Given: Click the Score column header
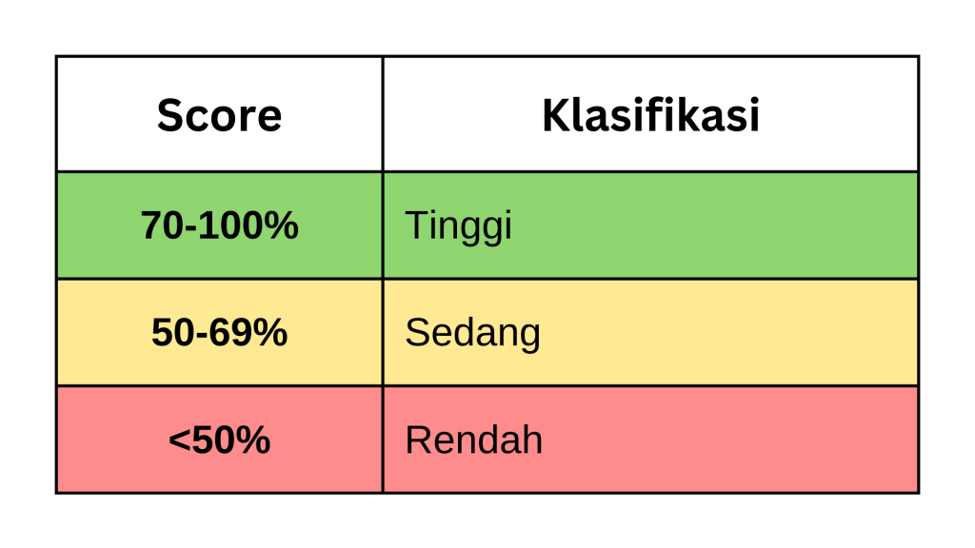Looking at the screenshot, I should point(219,115).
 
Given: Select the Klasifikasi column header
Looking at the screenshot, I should point(650,115).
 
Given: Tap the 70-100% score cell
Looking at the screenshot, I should point(219,225).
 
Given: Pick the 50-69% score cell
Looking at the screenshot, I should point(219,332).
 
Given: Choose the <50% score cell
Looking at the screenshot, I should point(219,440).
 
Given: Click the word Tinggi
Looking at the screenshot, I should point(458,226).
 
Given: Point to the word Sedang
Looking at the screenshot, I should point(472,333).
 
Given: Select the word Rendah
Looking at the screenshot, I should point(473,440).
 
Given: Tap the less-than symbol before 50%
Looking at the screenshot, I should point(178,440).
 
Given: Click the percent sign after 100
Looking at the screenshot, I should point(282,225).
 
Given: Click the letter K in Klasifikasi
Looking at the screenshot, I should point(554,115).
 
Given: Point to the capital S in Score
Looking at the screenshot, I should point(169,115).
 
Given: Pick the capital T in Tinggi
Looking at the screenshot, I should point(414,225).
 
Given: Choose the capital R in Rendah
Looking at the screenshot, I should point(416,440).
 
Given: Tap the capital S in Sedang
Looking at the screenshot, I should point(415,332).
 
